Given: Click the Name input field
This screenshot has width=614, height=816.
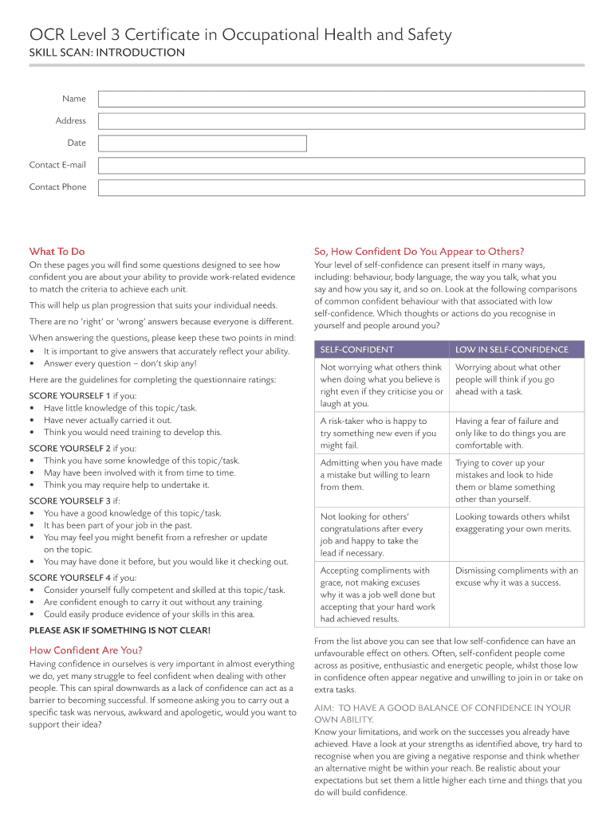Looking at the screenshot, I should pyautogui.click(x=341, y=99).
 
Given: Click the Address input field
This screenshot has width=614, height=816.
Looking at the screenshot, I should pyautogui.click(x=341, y=121).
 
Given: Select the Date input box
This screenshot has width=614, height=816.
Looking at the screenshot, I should pyautogui.click(x=202, y=143).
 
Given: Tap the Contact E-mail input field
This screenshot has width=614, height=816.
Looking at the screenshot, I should pyautogui.click(x=341, y=166).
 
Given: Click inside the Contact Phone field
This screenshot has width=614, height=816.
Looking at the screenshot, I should pyautogui.click(x=341, y=188).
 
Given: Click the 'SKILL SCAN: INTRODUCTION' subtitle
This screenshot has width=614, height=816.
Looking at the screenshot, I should pyautogui.click(x=107, y=53).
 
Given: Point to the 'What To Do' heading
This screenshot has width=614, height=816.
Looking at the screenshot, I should pyautogui.click(x=57, y=251).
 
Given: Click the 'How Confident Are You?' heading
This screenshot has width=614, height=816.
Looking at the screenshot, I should pyautogui.click(x=86, y=650).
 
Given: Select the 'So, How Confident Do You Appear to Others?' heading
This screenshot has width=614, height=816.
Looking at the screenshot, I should pyautogui.click(x=419, y=251).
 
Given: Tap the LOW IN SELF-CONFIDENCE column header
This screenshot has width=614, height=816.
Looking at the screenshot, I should pyautogui.click(x=511, y=350).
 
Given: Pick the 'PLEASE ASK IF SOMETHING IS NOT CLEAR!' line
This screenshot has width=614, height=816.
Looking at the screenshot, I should pyautogui.click(x=120, y=630).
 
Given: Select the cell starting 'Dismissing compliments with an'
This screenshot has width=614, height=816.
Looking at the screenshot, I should pyautogui.click(x=517, y=576).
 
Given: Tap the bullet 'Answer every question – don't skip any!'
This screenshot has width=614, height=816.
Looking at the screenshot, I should pyautogui.click(x=120, y=363).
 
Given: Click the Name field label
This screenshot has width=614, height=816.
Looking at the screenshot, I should pyautogui.click(x=74, y=99).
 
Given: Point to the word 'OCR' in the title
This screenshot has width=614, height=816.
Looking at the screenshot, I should pyautogui.click(x=46, y=35).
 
